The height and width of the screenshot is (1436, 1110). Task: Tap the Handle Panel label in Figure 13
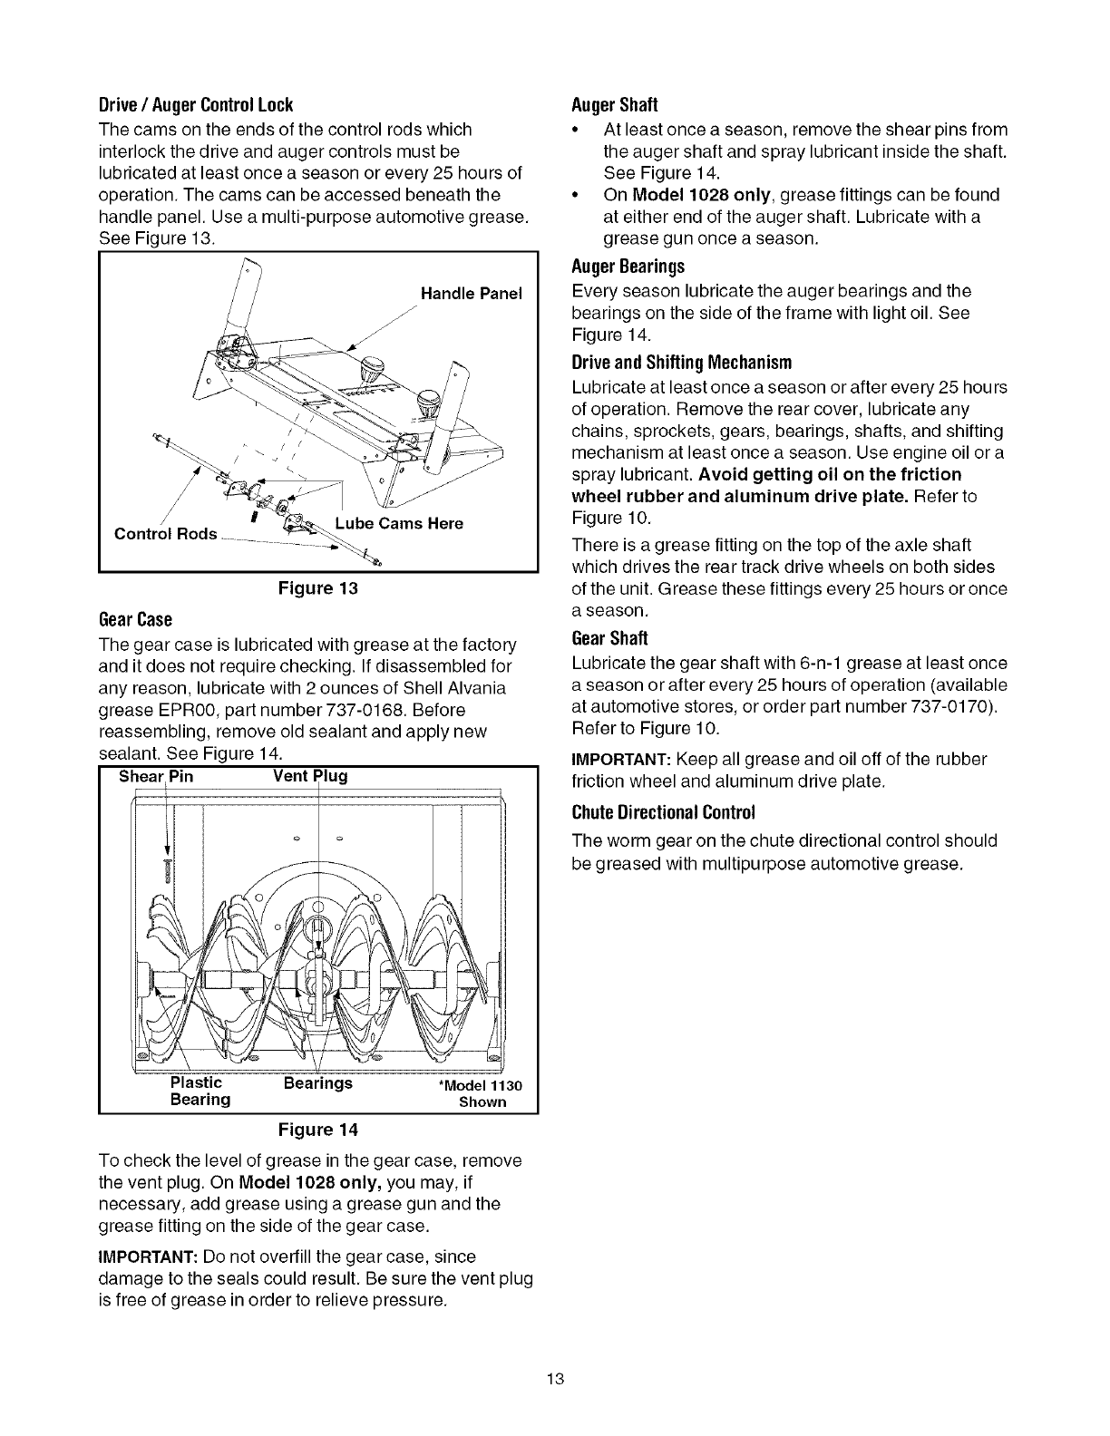click(472, 294)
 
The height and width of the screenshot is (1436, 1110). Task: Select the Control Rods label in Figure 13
click(165, 534)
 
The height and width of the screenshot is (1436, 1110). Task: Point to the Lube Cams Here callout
click(399, 524)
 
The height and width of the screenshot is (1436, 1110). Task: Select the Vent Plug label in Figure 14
click(310, 777)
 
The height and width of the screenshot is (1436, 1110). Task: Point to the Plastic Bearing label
click(200, 1091)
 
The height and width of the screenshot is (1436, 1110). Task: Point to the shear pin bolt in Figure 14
click(168, 867)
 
